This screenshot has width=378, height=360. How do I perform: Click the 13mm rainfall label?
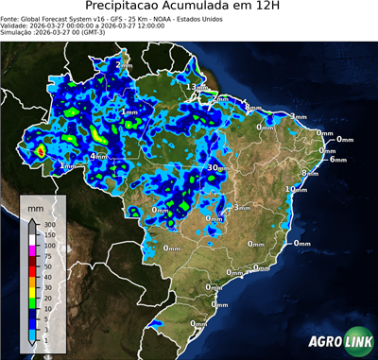pos(196,87)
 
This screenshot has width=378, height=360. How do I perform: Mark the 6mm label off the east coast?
pos(337,160)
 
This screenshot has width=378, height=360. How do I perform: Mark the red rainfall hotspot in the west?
pos(41,149)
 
